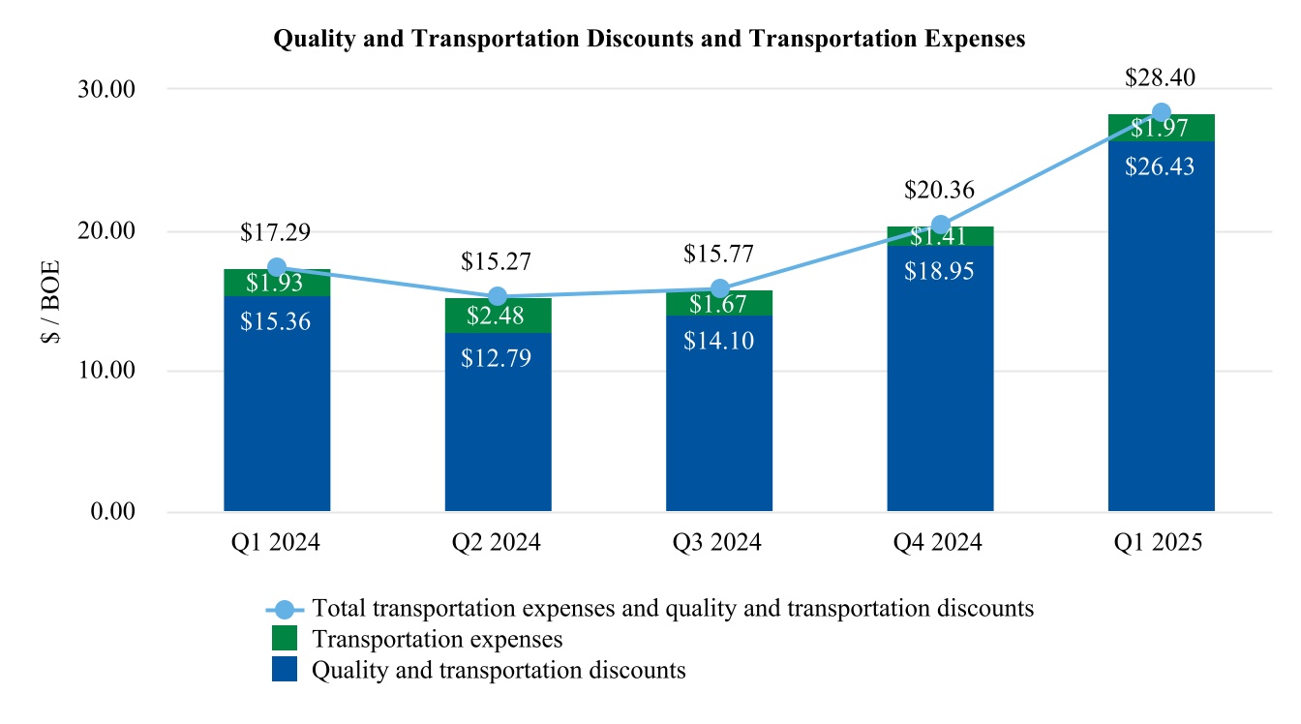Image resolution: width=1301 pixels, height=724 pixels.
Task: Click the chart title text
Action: (650, 39)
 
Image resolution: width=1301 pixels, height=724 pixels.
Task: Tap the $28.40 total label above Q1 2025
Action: (1161, 78)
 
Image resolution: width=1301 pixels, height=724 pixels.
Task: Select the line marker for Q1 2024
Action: (277, 267)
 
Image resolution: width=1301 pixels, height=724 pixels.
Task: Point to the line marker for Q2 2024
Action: (498, 296)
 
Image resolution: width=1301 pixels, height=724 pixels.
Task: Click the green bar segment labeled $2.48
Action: (498, 316)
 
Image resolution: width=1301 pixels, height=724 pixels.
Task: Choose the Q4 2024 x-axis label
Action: (940, 543)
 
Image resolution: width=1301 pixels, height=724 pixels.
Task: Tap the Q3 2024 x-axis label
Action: (719, 543)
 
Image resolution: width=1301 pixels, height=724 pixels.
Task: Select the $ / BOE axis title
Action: (51, 301)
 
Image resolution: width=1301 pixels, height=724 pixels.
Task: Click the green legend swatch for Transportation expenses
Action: (285, 639)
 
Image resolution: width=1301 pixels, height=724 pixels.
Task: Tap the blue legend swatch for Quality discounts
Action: (285, 669)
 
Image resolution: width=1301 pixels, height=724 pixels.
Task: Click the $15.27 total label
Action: (498, 261)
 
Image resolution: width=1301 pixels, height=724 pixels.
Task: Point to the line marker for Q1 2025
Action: (1161, 112)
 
